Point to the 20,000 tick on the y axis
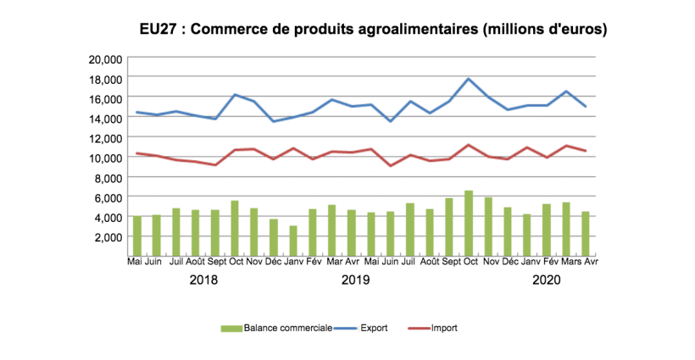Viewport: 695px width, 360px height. pos(106,58)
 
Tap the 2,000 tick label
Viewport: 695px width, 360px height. pos(109,236)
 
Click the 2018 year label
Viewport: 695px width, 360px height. pos(205,280)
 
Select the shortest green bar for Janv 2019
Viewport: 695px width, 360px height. pos(293,241)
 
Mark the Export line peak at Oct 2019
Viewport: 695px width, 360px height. pos(469,79)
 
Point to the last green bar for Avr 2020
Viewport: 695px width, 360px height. pos(586,234)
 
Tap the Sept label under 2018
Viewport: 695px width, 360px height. pos(216,262)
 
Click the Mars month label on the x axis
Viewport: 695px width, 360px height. pos(570,262)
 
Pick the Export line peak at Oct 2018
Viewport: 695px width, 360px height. pos(235,95)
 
